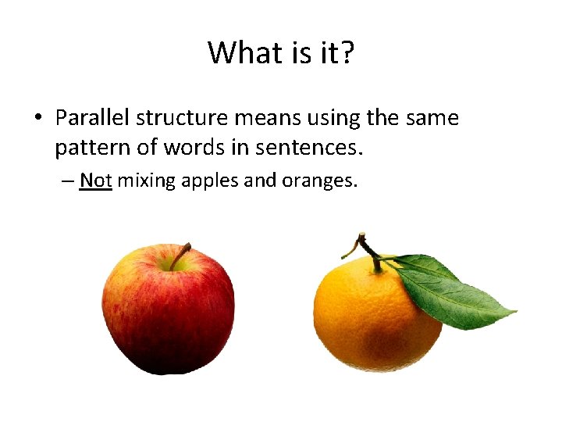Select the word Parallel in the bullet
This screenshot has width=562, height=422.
coord(93,118)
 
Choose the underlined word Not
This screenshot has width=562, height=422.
coord(96,181)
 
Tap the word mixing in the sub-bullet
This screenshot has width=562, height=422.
coord(146,181)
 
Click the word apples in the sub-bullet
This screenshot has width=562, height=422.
coord(210,181)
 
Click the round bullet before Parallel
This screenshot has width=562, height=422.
coord(37,119)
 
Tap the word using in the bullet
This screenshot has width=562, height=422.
coord(333,119)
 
